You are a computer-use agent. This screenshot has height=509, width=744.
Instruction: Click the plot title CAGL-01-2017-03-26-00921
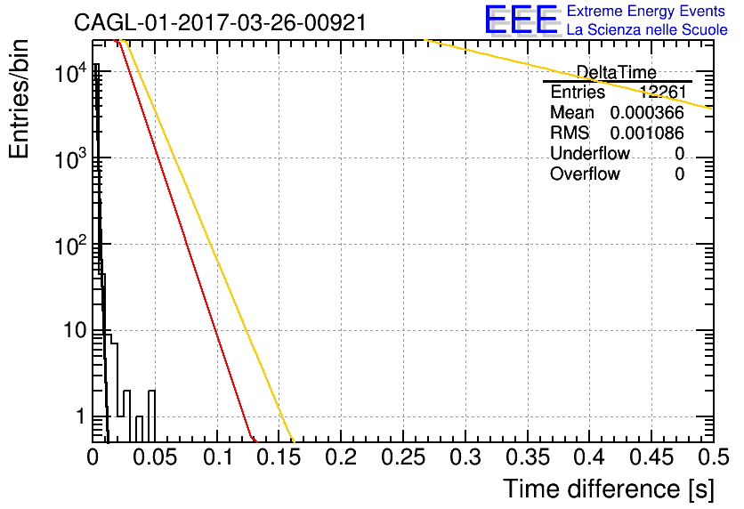(x=220, y=22)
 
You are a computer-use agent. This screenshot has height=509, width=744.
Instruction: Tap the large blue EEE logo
(x=522, y=20)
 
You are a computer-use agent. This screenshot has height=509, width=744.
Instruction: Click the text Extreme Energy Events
(x=646, y=11)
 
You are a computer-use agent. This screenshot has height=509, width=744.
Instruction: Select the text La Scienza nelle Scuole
(x=647, y=29)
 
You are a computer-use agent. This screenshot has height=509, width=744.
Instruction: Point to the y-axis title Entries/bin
(x=19, y=99)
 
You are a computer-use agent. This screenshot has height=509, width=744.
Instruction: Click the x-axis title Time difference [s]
(x=609, y=489)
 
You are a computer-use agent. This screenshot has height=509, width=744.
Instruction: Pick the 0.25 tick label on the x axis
(x=403, y=457)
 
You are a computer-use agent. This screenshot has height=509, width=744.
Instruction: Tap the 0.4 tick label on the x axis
(x=589, y=457)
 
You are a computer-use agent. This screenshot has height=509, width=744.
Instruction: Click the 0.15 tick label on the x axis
(x=279, y=457)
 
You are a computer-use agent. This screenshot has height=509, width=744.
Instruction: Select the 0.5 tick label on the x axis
(x=714, y=457)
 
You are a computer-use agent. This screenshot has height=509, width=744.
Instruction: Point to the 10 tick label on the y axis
(x=75, y=330)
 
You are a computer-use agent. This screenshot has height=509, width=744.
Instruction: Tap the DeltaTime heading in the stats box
(x=616, y=73)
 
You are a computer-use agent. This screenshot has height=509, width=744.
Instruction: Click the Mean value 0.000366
(x=647, y=113)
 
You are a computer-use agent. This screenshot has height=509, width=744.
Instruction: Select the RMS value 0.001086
(x=647, y=133)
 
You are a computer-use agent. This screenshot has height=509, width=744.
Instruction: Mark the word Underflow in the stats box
(x=589, y=154)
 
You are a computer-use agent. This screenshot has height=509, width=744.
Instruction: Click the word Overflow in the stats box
(x=585, y=174)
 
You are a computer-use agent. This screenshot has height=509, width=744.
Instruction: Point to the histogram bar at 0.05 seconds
(x=151, y=416)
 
